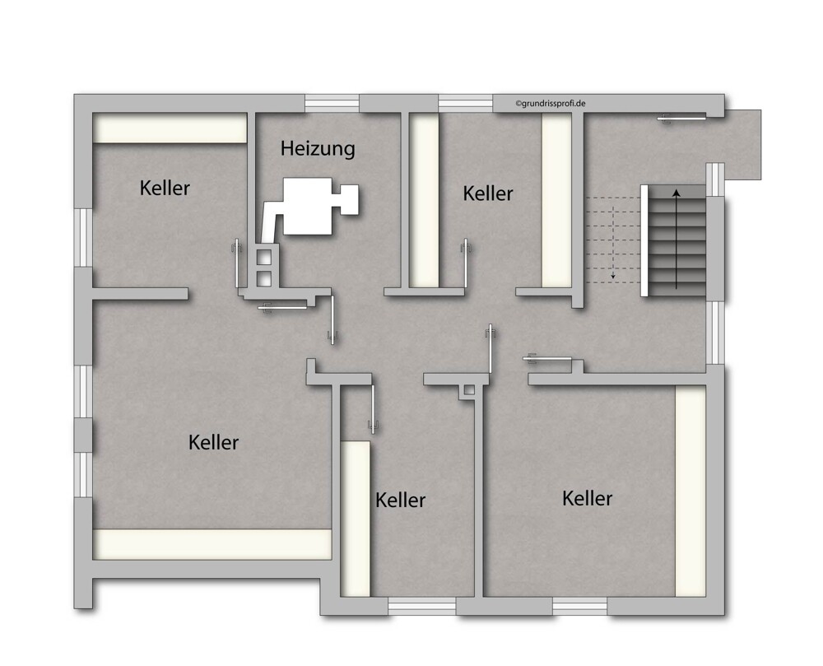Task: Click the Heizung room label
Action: [x=318, y=148]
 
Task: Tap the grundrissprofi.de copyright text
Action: [x=550, y=104]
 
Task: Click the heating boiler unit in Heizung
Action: [x=312, y=206]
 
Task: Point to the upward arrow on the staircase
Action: [x=677, y=240]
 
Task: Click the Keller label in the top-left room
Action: [x=165, y=188]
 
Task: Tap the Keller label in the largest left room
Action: [x=213, y=442]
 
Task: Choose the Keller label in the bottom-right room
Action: [x=587, y=499]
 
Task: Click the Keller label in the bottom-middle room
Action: [x=400, y=501]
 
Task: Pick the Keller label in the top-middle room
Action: [x=487, y=193]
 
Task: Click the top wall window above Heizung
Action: [x=332, y=103]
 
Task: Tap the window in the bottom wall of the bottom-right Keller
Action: [x=579, y=606]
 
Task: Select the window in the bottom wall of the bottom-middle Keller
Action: [x=421, y=606]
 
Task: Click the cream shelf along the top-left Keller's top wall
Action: [x=170, y=128]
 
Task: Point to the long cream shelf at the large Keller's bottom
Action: [x=212, y=544]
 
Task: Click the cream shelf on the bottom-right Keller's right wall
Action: [x=690, y=491]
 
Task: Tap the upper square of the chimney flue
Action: [x=263, y=257]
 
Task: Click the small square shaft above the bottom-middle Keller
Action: [x=469, y=390]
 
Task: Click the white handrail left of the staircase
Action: [x=644, y=240]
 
